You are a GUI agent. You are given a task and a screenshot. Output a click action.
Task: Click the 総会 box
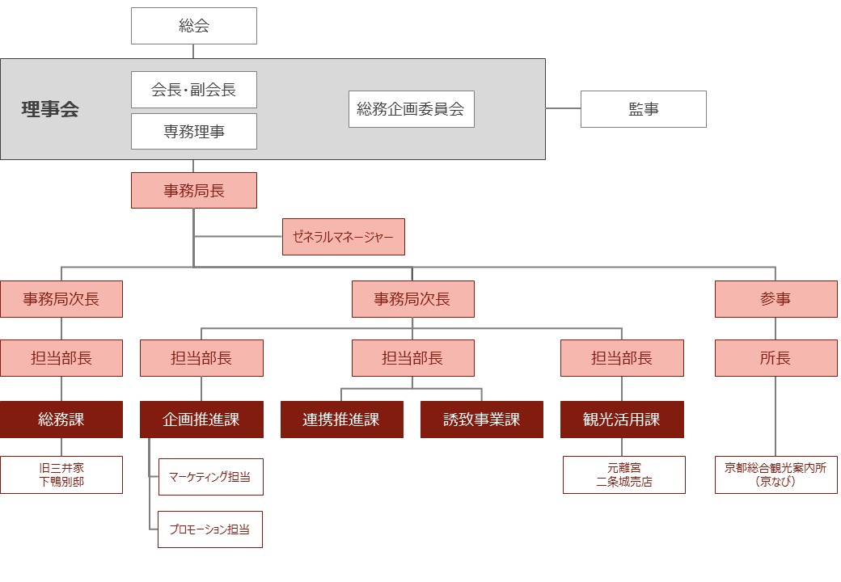[x=193, y=26]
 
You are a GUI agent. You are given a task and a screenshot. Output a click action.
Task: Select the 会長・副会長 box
[x=193, y=90]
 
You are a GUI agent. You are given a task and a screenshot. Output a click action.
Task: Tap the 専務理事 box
[x=193, y=131]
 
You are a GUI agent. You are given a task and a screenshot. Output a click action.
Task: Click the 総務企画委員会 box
[x=412, y=109]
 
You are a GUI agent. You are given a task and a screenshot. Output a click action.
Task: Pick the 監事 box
[x=644, y=109]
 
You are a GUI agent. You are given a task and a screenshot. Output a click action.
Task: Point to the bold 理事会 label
[x=50, y=109]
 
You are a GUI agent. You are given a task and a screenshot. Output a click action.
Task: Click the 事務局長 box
[x=193, y=190]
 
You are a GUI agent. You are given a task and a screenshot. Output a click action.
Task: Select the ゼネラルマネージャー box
[x=343, y=237]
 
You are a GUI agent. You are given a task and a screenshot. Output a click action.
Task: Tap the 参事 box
[x=775, y=299]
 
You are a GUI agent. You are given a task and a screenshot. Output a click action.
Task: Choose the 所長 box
[x=775, y=358]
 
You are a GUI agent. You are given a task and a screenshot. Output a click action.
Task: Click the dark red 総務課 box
[x=61, y=420]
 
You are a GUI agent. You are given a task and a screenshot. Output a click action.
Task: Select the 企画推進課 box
[x=201, y=420]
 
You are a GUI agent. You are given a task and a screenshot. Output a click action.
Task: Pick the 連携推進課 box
[x=341, y=420]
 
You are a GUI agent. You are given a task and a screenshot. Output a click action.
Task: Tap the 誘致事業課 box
[x=482, y=420]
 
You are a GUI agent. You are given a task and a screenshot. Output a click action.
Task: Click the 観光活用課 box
[x=622, y=420]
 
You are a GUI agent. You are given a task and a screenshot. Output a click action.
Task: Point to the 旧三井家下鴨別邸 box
[x=61, y=474]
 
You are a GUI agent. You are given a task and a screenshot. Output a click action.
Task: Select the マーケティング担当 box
[x=211, y=477]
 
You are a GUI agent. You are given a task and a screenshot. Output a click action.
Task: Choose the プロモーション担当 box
[x=210, y=529]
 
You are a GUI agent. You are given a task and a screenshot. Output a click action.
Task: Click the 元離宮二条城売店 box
[x=623, y=474]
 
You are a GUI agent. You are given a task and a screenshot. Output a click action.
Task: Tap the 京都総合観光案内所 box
[x=775, y=474]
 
